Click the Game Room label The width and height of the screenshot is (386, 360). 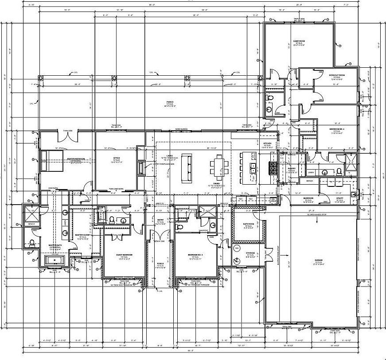(299, 41)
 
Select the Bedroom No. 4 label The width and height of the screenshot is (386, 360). (337, 129)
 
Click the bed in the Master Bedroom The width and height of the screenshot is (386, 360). (50, 160)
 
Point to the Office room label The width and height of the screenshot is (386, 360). (117, 158)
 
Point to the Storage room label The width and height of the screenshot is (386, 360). (250, 254)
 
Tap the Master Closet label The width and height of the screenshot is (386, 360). (82, 235)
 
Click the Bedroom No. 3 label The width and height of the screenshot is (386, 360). (195, 255)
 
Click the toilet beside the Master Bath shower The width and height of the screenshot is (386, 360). (32, 243)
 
